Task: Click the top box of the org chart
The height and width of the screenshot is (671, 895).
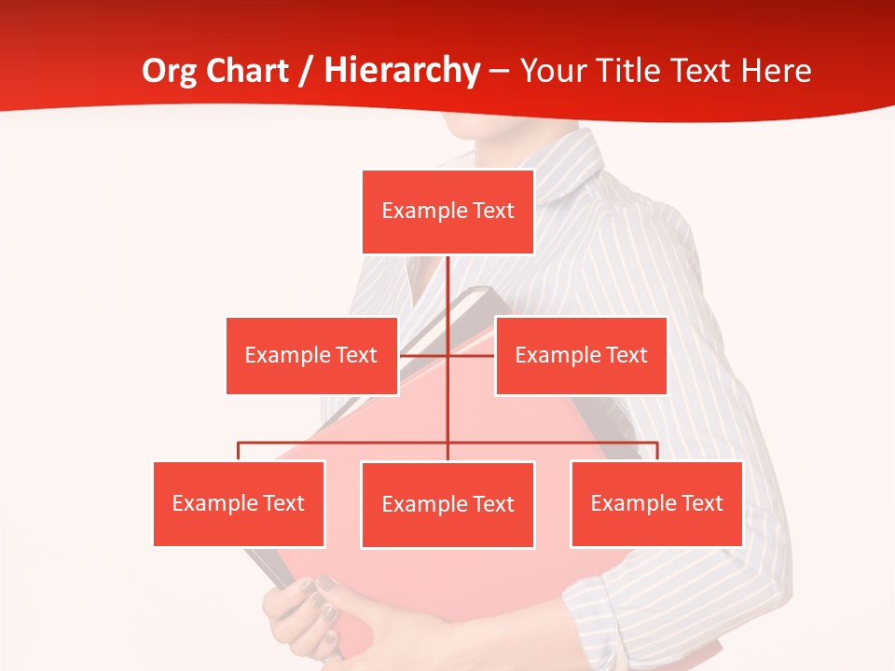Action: coord(447,212)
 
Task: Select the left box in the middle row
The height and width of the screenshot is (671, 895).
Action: coord(311,355)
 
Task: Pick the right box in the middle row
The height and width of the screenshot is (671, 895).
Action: coord(581,355)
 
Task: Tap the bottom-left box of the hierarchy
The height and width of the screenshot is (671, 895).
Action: coord(239,503)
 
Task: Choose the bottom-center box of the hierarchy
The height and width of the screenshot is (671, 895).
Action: coord(447,504)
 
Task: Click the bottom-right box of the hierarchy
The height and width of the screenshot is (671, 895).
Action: coord(656,503)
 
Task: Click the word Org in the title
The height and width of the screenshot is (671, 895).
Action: coord(170,71)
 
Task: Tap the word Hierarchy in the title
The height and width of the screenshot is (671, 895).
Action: coord(402,71)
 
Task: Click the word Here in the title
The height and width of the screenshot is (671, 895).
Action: coord(775,71)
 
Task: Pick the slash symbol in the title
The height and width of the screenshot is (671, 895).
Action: coord(307,72)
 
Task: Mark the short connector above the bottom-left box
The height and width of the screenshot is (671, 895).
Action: coord(239,451)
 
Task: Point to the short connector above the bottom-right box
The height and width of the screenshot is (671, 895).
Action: coord(657,451)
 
